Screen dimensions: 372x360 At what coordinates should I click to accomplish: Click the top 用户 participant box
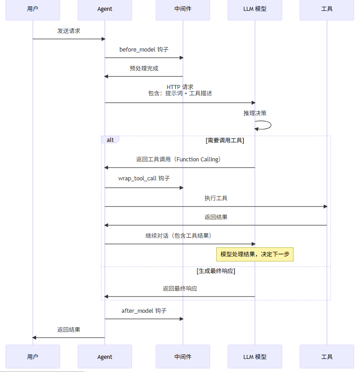coord(33,9)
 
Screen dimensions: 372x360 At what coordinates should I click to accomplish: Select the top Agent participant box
coord(105,9)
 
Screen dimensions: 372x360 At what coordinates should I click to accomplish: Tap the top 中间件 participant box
coord(183,9)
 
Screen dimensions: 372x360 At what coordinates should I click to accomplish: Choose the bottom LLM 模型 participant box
coord(255,357)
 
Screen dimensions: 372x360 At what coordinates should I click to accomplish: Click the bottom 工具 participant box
coord(327,357)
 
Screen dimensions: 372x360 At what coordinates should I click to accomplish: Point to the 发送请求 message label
coord(69,31)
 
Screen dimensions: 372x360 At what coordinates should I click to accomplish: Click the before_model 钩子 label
coord(144,50)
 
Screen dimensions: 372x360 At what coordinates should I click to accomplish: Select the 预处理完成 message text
coord(144,69)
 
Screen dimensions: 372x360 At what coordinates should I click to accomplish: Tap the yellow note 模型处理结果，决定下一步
coord(255,254)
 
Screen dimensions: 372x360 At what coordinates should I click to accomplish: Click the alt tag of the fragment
coord(110,140)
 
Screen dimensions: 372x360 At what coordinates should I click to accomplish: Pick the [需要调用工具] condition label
coord(224,141)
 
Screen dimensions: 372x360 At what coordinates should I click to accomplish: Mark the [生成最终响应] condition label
coord(216,271)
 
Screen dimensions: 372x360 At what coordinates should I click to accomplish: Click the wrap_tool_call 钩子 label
coord(144,179)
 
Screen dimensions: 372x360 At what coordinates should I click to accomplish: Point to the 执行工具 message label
coord(216,198)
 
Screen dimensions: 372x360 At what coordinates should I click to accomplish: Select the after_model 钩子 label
coord(144,311)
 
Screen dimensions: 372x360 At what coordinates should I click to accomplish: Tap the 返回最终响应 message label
coord(180,288)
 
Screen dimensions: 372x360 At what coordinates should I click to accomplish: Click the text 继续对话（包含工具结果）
coord(180,235)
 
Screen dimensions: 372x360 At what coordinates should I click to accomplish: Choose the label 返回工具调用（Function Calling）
coord(180,160)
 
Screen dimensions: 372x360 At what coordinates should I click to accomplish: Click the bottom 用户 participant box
coord(33,357)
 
